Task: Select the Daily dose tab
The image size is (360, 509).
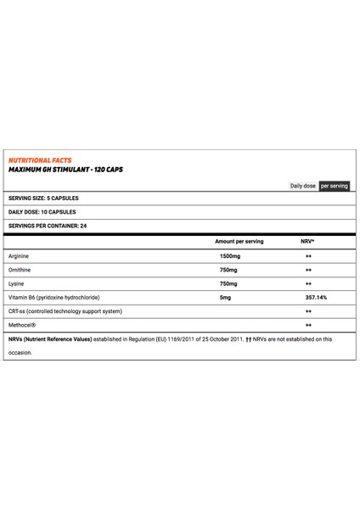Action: [304, 185]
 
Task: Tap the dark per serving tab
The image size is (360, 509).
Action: [334, 185]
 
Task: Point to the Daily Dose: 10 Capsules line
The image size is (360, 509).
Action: [42, 212]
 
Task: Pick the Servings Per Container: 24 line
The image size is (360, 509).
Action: [49, 226]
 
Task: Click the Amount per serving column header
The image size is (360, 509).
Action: [239, 242]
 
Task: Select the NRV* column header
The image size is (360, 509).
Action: [307, 242]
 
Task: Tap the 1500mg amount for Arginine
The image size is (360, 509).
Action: [231, 256]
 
